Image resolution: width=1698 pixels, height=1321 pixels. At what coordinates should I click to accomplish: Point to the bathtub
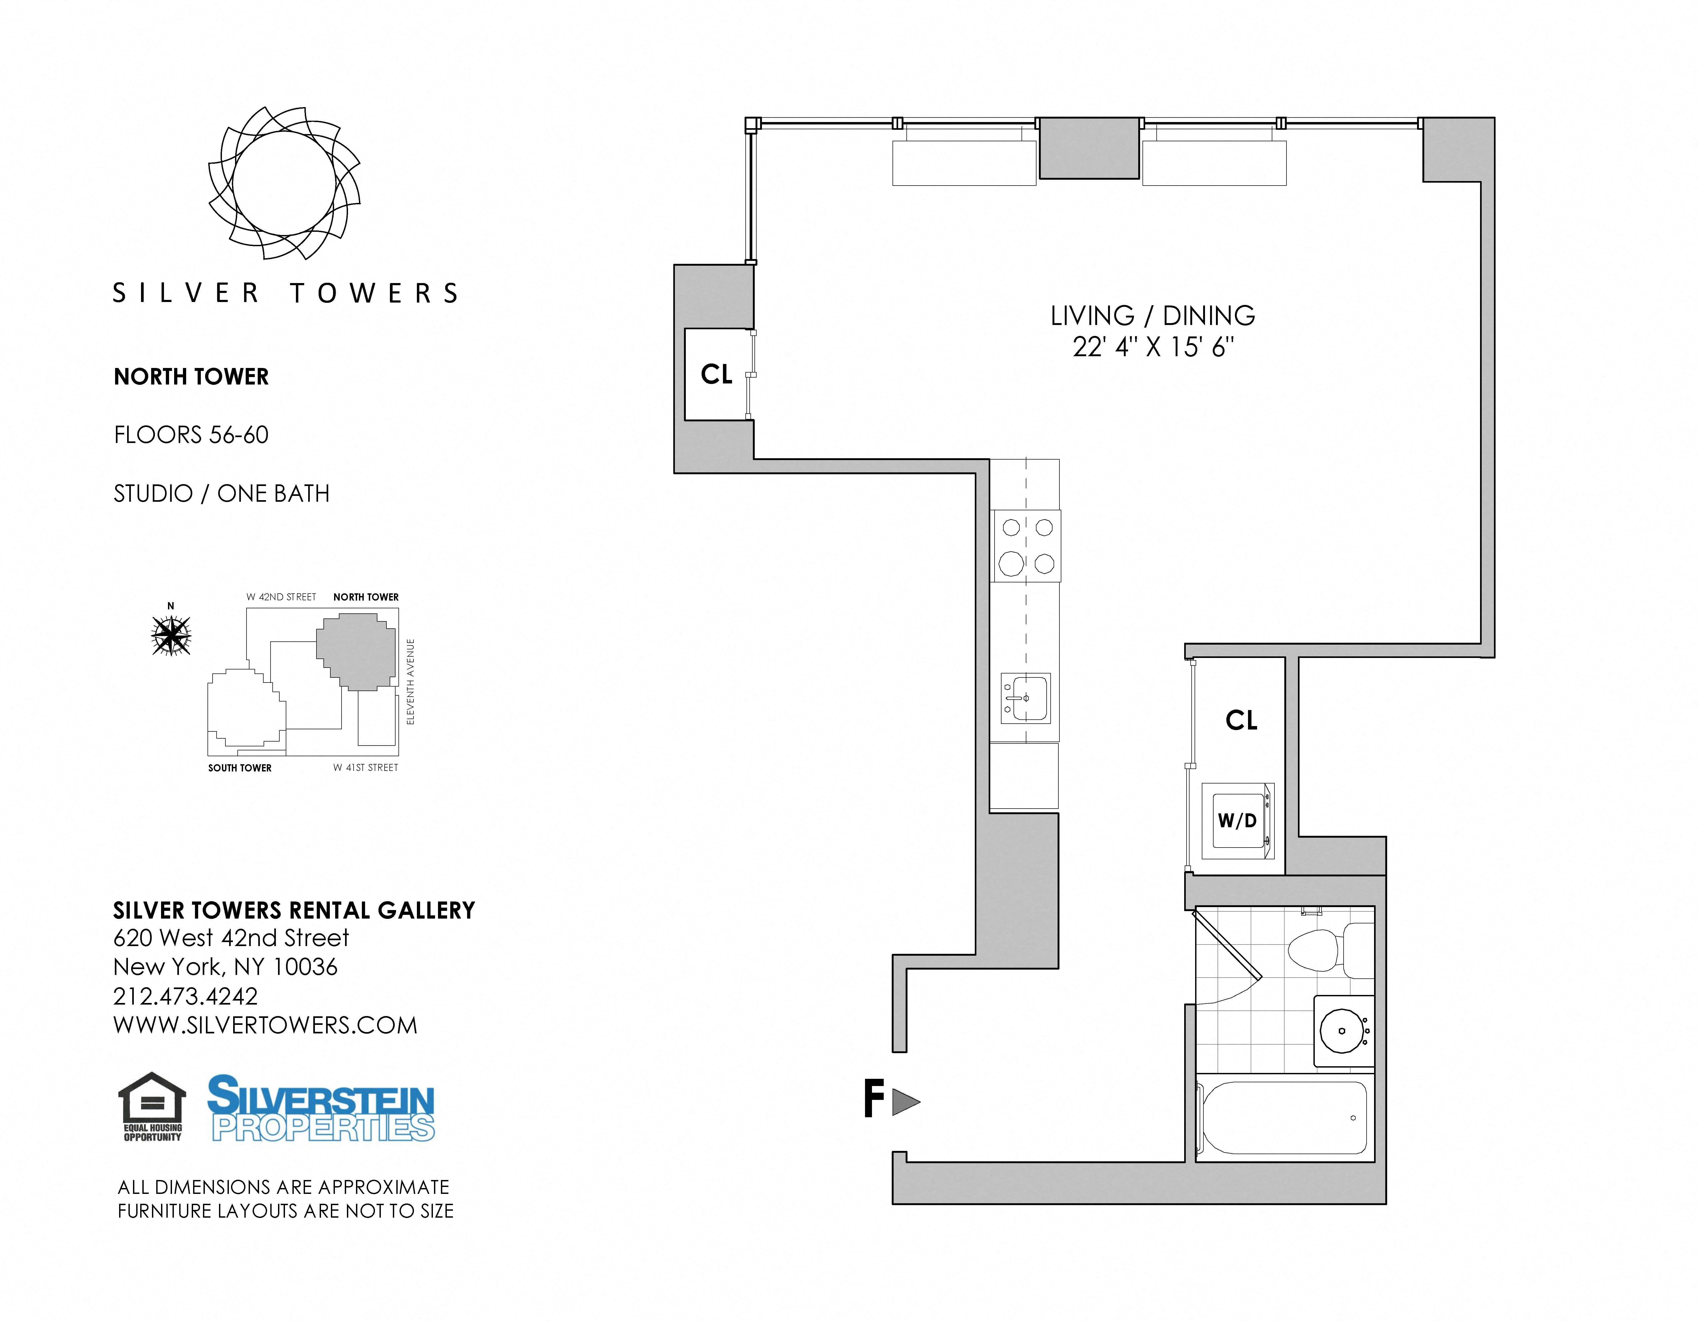pos(1284,1117)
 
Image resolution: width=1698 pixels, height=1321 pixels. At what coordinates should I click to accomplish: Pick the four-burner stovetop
pos(1026,546)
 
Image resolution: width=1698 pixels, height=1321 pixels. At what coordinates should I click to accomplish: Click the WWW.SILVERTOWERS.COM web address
pos(265,1026)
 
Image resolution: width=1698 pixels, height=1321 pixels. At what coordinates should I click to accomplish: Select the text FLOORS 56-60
pos(191,435)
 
